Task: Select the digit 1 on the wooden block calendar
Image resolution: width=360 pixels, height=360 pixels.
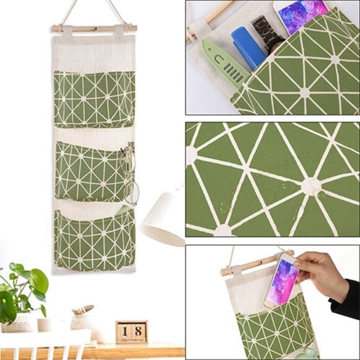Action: click(x=124, y=331)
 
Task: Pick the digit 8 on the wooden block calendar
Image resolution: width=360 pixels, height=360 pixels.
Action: click(x=138, y=331)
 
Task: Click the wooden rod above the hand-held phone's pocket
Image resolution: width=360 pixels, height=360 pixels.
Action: click(x=248, y=267)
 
